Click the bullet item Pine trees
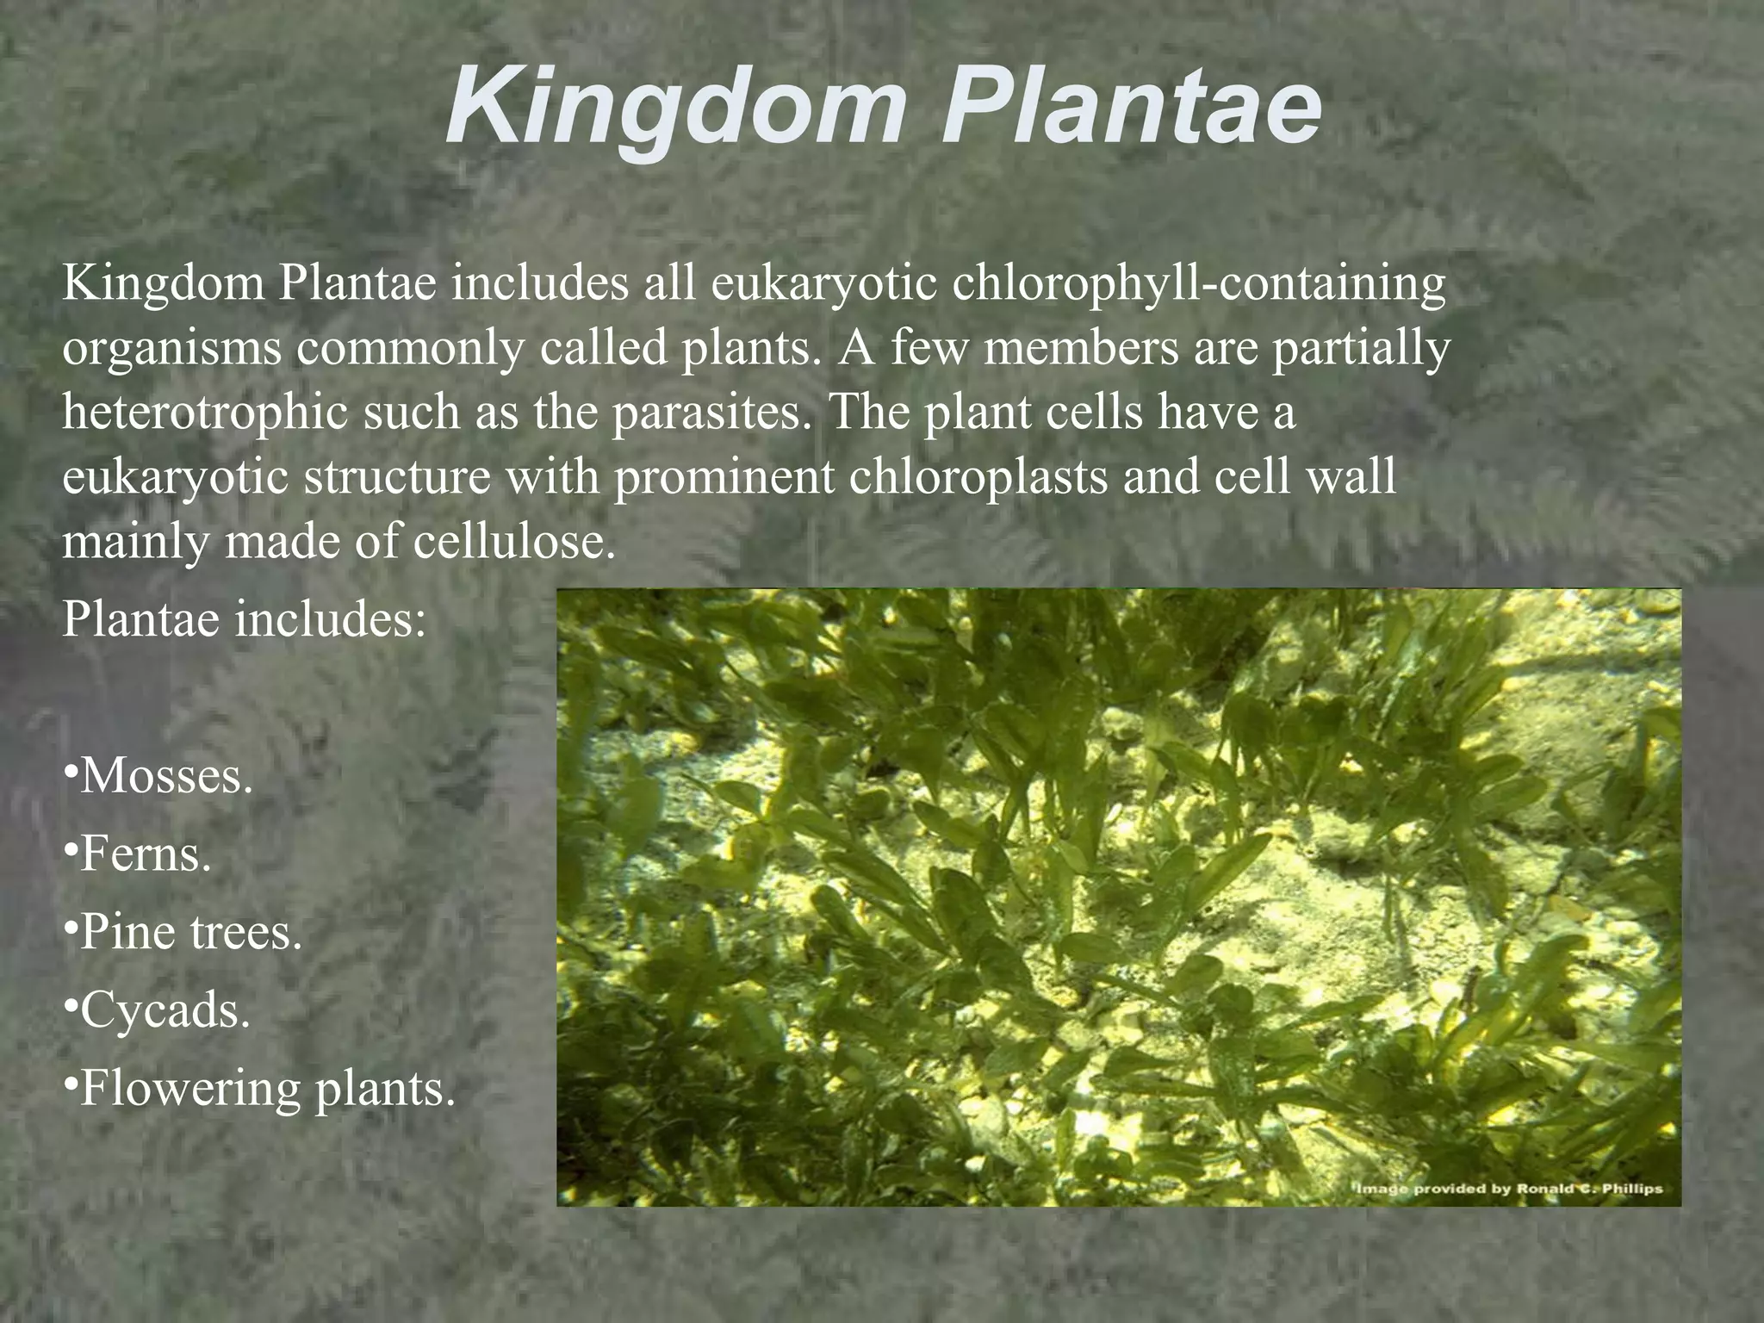[183, 932]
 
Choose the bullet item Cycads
[157, 1009]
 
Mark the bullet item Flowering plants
[258, 1088]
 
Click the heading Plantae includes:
[244, 618]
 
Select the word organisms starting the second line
[171, 349]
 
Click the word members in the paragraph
[1080, 348]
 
